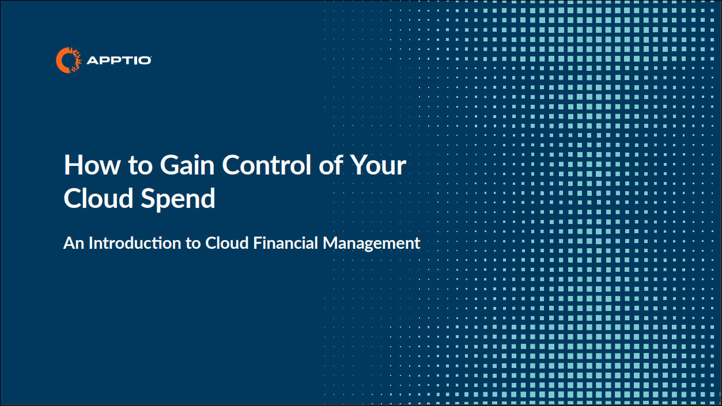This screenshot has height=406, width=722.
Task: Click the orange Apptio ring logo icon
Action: click(69, 60)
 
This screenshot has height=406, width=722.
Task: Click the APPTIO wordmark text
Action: click(119, 60)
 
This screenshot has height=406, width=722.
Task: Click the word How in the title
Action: click(92, 165)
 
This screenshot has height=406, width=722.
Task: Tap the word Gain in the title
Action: click(187, 165)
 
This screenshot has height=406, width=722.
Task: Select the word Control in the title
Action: click(266, 165)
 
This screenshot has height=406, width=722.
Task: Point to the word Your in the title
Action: click(378, 165)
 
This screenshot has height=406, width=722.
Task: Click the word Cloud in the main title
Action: click(99, 198)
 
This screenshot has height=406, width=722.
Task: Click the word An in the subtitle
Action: click(74, 243)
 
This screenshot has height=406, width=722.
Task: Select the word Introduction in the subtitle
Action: click(135, 243)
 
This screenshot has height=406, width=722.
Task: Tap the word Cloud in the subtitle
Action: click(227, 243)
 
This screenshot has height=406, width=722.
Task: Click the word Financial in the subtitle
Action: click(286, 243)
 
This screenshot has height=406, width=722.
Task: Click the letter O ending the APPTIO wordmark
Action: click(145, 60)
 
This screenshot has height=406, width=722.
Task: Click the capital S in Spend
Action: click(149, 198)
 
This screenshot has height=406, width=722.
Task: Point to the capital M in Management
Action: click(330, 243)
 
